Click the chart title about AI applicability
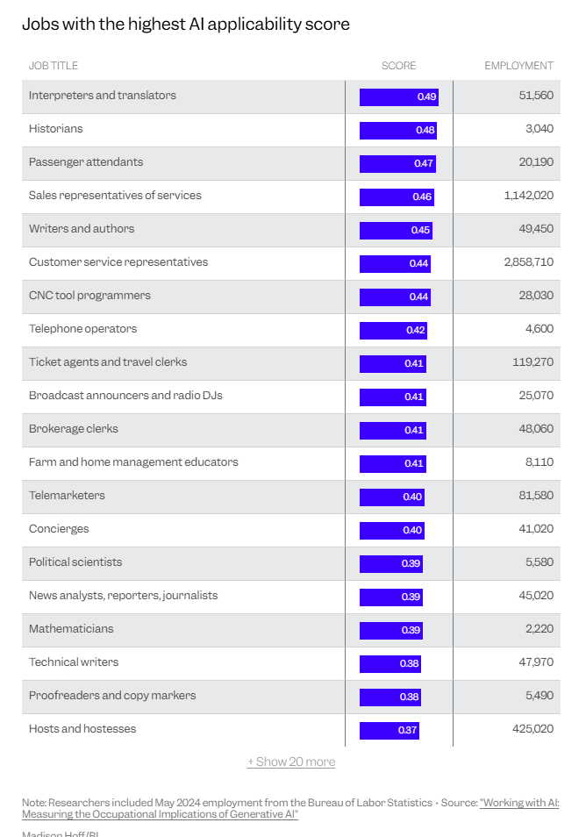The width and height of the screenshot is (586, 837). click(x=186, y=24)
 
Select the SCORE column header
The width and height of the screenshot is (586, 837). click(x=398, y=66)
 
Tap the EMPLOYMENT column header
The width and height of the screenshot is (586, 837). click(x=518, y=66)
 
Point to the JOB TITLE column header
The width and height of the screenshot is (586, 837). click(x=54, y=66)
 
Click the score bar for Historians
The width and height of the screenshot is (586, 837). click(x=398, y=130)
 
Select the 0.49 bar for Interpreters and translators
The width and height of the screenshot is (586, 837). click(x=399, y=97)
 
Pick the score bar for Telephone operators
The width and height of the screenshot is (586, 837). click(x=393, y=331)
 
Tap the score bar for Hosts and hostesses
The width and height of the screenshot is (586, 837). click(x=389, y=730)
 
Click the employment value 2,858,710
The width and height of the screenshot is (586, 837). click(x=529, y=262)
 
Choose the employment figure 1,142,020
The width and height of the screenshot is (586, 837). click(x=529, y=196)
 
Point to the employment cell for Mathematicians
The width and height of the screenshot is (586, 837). click(x=540, y=629)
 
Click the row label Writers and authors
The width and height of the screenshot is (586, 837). click(x=82, y=228)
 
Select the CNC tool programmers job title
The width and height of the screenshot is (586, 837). click(x=89, y=295)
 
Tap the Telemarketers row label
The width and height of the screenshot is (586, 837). click(x=67, y=496)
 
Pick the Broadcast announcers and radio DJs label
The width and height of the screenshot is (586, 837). click(x=125, y=396)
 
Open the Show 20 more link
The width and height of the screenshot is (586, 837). click(x=291, y=762)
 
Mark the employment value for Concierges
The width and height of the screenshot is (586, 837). click(x=536, y=529)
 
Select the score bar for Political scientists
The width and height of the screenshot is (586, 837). click(x=391, y=563)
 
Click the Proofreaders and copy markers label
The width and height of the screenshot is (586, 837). click(x=112, y=696)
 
